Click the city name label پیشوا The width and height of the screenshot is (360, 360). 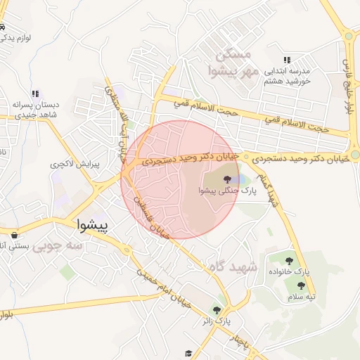(x=92, y=225)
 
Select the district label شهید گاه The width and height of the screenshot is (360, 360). (x=234, y=268)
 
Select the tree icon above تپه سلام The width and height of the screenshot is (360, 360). (x=301, y=285)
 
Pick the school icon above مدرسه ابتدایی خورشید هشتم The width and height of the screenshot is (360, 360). (x=286, y=60)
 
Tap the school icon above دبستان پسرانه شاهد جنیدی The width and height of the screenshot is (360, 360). (x=36, y=93)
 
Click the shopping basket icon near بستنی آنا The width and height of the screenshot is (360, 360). (x=13, y=234)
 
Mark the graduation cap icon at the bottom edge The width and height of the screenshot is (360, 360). (x=187, y=353)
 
